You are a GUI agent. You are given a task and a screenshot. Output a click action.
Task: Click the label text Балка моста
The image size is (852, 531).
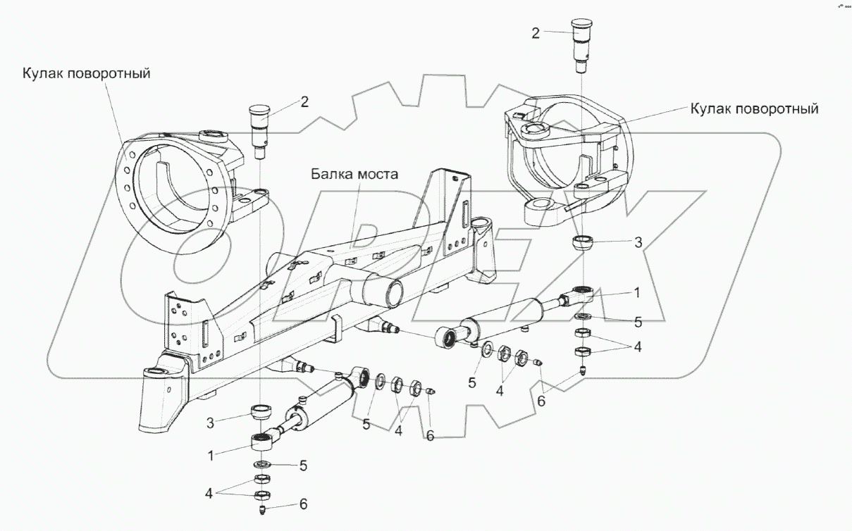tap(354, 174)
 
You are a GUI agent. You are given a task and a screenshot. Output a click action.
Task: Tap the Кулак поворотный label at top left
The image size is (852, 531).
tap(87, 73)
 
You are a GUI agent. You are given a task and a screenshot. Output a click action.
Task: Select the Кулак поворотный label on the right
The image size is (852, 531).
tap(754, 109)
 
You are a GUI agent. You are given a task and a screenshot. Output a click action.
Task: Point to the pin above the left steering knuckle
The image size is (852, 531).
tap(260, 132)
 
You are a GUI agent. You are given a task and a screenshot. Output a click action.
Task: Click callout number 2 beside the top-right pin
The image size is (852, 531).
tap(536, 33)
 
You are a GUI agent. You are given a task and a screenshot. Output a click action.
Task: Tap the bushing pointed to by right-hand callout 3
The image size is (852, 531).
tap(583, 243)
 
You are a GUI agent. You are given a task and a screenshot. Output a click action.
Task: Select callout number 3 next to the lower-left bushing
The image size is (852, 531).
tap(210, 423)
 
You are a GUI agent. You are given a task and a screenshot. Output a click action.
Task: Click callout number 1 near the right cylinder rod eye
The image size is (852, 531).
tap(636, 293)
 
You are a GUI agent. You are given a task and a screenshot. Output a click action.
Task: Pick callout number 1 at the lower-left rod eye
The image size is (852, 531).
tap(211, 456)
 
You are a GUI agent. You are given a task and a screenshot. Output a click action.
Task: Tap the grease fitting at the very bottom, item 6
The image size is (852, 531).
tap(261, 509)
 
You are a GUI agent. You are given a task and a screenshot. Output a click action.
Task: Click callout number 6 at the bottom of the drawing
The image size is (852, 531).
tap(303, 504)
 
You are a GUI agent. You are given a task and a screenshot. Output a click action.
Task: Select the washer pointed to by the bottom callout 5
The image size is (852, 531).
tap(262, 464)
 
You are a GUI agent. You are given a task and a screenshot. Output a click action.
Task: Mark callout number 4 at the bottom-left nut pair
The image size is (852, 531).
tap(209, 494)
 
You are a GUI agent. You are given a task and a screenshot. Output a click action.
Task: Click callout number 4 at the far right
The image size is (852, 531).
tap(638, 346)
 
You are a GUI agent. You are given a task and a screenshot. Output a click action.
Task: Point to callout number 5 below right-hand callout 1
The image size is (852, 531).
tap(638, 322)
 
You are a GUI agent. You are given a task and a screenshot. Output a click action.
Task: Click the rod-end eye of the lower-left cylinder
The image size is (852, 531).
tap(261, 442)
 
